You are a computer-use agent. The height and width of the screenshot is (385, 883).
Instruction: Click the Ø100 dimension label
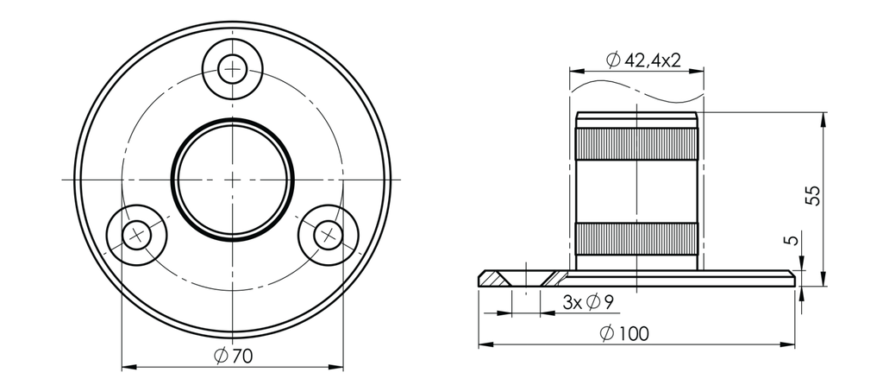click(627, 333)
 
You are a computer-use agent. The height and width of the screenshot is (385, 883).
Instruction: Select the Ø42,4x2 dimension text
click(643, 60)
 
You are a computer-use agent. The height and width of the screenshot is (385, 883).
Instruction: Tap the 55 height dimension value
click(811, 194)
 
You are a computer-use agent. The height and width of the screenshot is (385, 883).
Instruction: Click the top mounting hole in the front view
click(233, 68)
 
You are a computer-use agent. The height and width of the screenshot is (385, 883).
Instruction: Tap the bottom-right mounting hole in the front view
click(328, 234)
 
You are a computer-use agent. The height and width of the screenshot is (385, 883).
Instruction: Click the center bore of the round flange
click(233, 179)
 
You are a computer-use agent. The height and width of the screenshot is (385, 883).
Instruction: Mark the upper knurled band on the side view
click(636, 143)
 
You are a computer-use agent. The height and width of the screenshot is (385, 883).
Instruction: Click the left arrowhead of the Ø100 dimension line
click(484, 344)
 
